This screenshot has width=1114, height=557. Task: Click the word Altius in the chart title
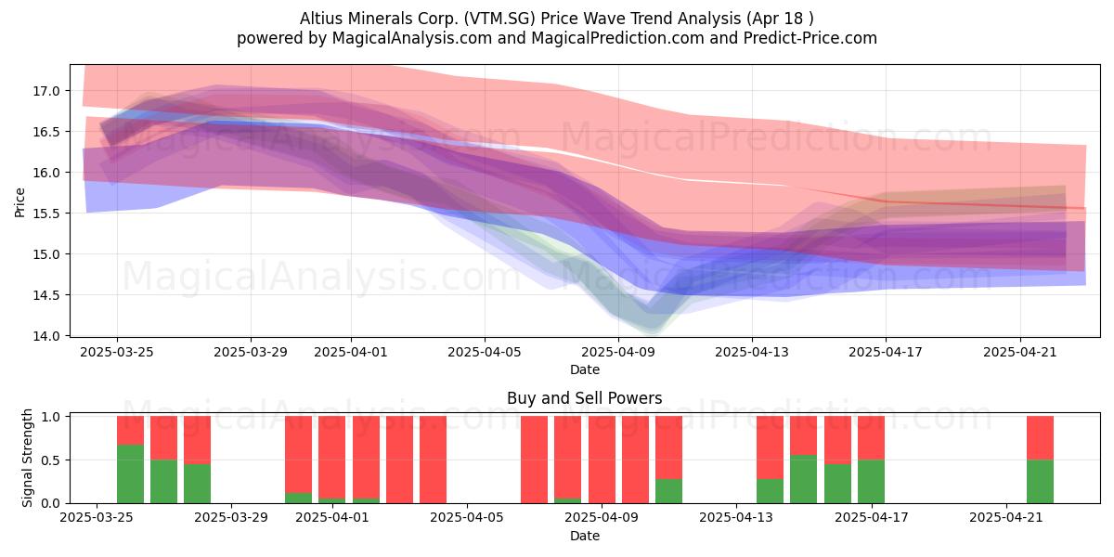[x=321, y=19]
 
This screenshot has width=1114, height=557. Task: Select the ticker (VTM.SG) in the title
[x=499, y=19]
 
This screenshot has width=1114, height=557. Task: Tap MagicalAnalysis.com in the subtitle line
[x=412, y=38]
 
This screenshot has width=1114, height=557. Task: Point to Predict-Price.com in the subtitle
[x=810, y=38]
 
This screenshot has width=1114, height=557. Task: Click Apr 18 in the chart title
[x=777, y=19]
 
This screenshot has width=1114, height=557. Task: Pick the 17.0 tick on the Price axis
[x=45, y=91]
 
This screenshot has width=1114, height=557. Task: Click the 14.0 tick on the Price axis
[x=45, y=336]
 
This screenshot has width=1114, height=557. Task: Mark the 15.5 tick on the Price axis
[x=45, y=214]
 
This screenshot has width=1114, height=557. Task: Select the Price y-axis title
[x=19, y=202]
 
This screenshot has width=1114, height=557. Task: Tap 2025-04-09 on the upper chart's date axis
[x=618, y=352]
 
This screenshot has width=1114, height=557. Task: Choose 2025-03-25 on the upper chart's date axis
[x=117, y=352]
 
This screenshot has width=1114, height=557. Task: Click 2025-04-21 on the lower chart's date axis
[x=1006, y=518]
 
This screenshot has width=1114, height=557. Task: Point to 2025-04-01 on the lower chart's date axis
[x=332, y=518]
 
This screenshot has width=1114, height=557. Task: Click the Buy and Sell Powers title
[x=584, y=398]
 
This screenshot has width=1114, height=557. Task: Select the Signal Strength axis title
[x=27, y=458]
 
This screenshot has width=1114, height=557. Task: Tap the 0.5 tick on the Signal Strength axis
[x=51, y=460]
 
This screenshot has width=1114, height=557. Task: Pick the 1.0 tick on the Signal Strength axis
[x=51, y=417]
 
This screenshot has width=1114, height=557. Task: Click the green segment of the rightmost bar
[x=1040, y=482]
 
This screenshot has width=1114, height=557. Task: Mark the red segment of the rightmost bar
[x=1040, y=438]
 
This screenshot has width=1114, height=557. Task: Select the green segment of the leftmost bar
[x=130, y=474]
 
